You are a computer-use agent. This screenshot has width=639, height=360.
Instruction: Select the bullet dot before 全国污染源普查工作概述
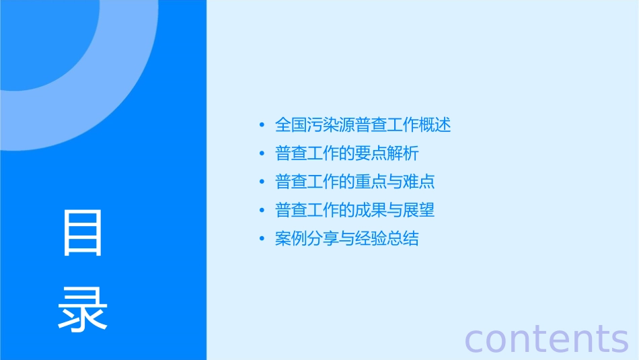(x=262, y=125)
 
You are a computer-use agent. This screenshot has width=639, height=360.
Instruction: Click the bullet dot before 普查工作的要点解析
(x=262, y=154)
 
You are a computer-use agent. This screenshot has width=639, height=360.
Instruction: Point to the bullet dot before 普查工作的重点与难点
(x=262, y=182)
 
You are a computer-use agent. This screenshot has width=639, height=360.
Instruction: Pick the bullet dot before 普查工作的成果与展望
(x=262, y=211)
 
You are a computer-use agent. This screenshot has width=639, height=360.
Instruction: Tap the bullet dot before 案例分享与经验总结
(x=262, y=240)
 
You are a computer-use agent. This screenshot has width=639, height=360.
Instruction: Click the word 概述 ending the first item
(x=435, y=124)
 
